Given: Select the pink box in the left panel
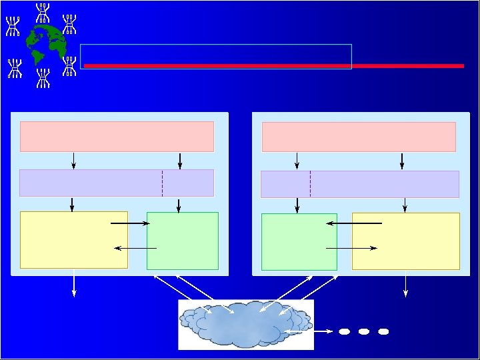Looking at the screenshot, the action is pos(117,137).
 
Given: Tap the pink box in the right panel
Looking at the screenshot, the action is pos(359,137).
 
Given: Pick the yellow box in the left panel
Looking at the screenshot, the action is pos(73,240).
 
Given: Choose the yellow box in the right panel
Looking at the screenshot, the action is pos(405,241).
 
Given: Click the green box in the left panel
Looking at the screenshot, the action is pos(182,241).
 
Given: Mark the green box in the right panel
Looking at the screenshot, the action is pos(299,241).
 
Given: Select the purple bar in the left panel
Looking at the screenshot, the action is pos(117,183).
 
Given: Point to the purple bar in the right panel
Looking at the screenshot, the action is pos(359,184).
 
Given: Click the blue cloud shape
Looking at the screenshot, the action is pos(245,324).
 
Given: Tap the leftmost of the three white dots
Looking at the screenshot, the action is pos(344,331).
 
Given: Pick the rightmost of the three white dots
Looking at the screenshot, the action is pos(383,331).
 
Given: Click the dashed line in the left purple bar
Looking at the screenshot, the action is pos(162,183).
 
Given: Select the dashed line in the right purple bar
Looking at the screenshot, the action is pos(310,184).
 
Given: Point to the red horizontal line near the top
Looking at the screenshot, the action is pos(273,66).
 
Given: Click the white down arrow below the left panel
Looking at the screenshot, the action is pos(74,285).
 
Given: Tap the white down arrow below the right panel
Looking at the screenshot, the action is pos(405,285).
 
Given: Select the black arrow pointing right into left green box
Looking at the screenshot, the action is pos(130,224).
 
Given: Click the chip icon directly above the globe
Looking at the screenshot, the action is pos(44,11).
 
